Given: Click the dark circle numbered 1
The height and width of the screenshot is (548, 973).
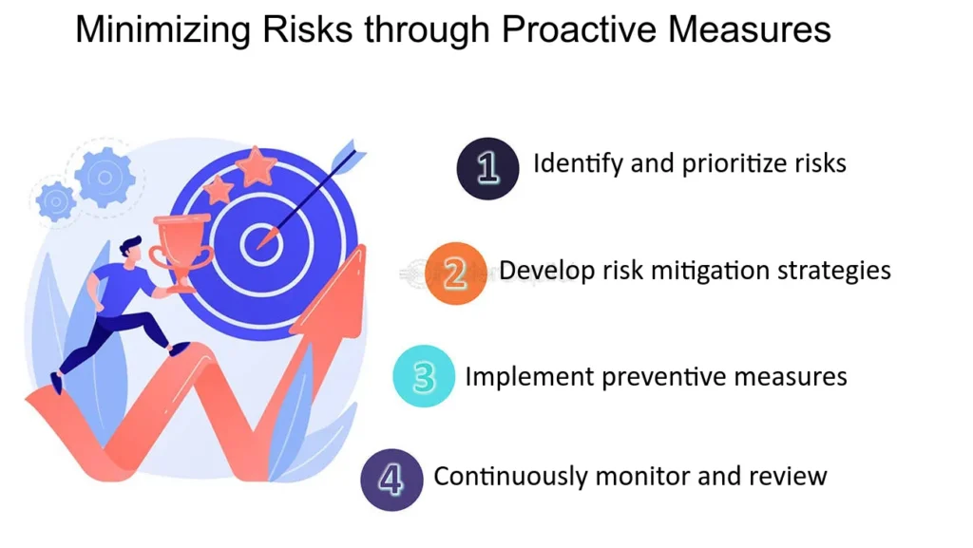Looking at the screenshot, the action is pos(487,168).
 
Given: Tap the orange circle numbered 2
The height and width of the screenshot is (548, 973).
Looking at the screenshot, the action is pos(456,273).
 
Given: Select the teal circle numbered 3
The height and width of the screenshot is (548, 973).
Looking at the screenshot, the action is pos(424,376).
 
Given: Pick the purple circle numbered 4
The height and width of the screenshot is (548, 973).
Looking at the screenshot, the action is pos(391,480).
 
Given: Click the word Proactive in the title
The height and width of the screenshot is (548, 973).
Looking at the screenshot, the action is pos(580,29).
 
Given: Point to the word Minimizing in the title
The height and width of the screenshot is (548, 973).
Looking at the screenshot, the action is pos(162,29).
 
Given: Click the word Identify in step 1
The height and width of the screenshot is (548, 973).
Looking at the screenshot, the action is pos(578,164).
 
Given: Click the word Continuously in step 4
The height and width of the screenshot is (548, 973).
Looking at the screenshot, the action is pos(510,477).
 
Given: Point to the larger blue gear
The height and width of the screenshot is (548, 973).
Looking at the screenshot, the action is pos(105,178).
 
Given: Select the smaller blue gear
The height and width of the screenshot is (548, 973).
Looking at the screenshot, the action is pos(56,201).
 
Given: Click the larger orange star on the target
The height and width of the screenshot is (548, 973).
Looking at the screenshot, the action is pos(255,165).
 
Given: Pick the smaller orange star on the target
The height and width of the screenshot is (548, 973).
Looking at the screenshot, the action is pos(218,189).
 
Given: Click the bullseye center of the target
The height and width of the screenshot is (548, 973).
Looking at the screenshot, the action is pos(261,244).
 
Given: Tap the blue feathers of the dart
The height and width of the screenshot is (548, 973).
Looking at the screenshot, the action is pos(347,157).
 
